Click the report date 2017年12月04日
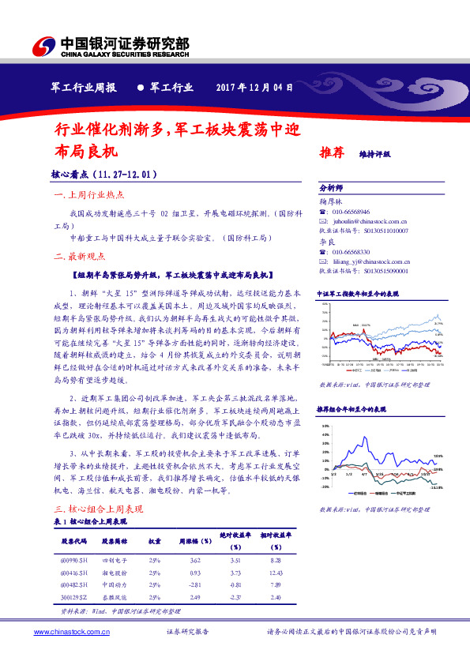click(x=259, y=88)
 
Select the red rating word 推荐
click(x=332, y=153)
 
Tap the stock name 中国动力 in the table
click(x=114, y=584)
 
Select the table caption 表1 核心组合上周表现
click(x=92, y=522)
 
